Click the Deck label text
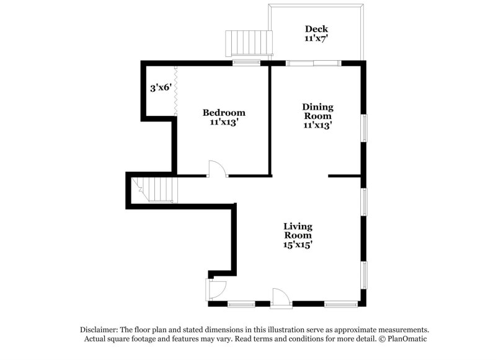pos(316,29)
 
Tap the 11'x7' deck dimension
pos(316,38)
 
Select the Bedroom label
pos(224,113)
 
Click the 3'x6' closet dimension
pos(160,88)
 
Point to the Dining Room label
pos(317,111)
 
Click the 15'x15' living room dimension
pos(298,245)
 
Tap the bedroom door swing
pos(218,169)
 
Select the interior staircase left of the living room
pos(158,188)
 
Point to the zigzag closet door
pos(176,89)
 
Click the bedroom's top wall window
pos(246,62)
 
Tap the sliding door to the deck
pos(312,62)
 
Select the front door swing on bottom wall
pos(281,296)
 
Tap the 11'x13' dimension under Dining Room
pos(317,125)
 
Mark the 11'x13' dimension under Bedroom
pos(224,123)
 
